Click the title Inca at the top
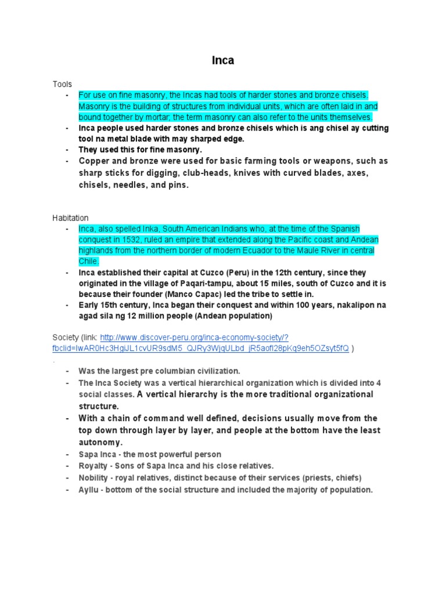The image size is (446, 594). (x=222, y=60)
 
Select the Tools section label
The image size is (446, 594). (x=62, y=84)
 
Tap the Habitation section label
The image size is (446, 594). (x=70, y=218)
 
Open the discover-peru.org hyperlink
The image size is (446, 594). (x=195, y=338)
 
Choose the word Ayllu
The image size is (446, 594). (x=89, y=490)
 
